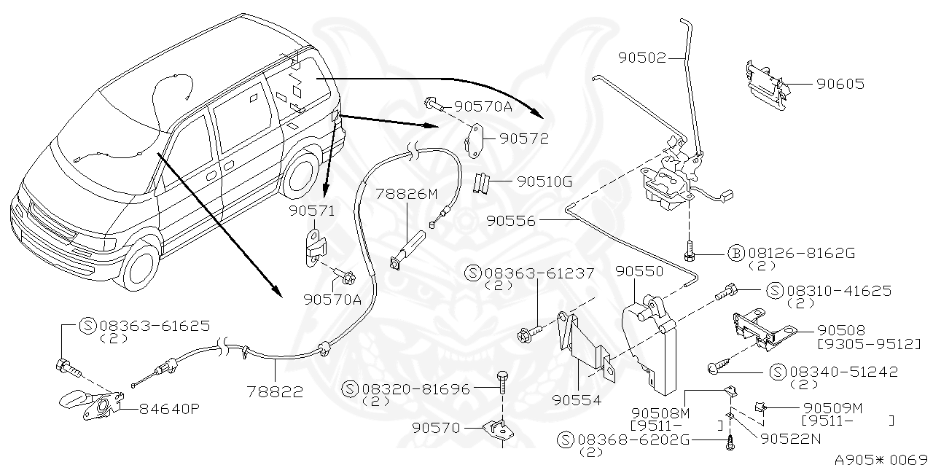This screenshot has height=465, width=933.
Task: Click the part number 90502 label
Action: [x=642, y=58]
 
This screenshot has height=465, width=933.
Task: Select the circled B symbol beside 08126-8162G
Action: [x=736, y=254]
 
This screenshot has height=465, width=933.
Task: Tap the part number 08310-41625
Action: [x=838, y=291]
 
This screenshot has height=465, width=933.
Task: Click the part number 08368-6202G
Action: [x=633, y=440]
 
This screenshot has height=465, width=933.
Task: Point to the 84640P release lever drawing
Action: [x=90, y=403]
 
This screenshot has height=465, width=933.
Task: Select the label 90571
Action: [x=311, y=211]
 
